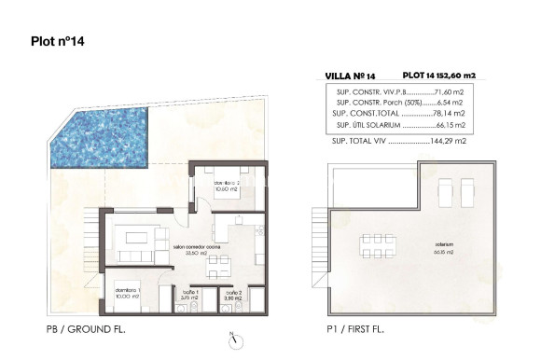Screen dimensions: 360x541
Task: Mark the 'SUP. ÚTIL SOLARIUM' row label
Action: pyautogui.click(x=370, y=124)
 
